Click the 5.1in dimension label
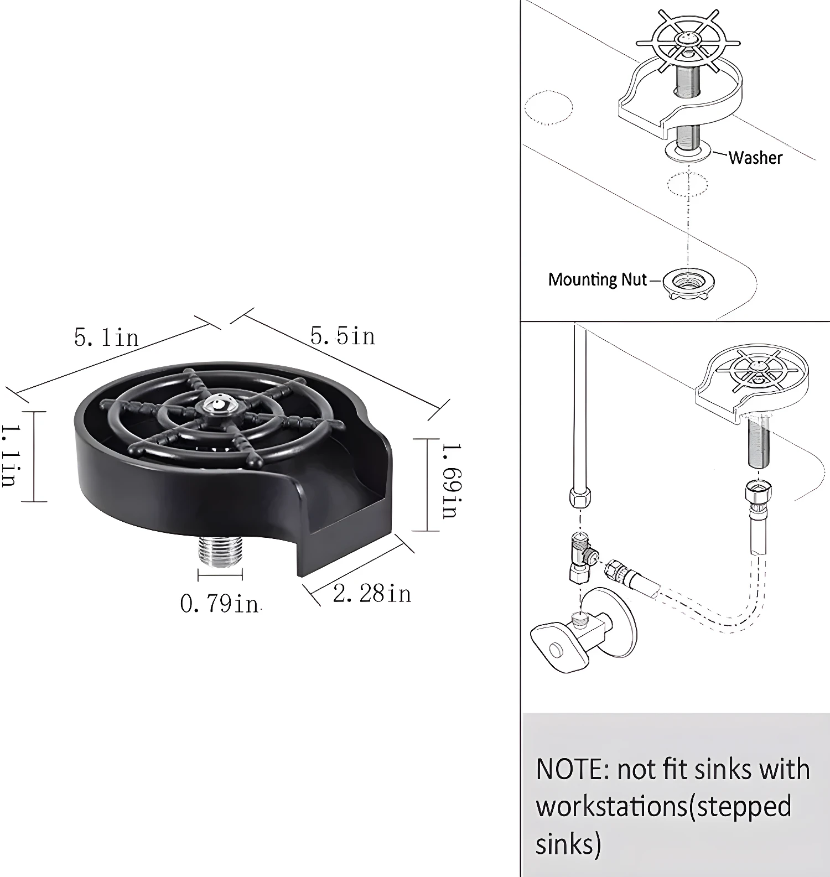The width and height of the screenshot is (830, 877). pos(106,338)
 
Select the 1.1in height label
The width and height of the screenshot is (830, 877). pos(9,456)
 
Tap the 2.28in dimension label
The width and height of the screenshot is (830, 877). pos(372,594)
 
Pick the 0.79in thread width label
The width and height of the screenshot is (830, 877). pos(220,604)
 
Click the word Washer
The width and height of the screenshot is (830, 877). pos(755,158)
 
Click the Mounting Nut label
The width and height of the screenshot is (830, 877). pos(597,279)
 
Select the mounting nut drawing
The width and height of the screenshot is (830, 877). pos(688,283)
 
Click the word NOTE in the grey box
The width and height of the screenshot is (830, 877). pos(570,770)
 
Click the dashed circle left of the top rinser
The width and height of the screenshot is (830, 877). pos(548,107)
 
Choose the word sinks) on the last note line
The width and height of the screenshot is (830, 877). pos(568,844)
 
